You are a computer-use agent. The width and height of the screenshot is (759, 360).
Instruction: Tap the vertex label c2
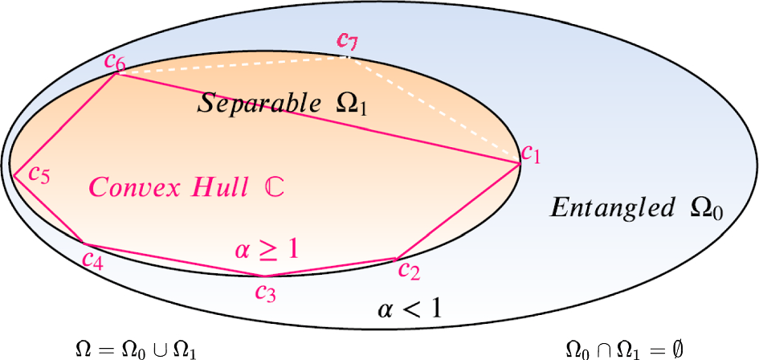tap(409, 271)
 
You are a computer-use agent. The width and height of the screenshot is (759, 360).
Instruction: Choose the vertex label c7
tap(348, 39)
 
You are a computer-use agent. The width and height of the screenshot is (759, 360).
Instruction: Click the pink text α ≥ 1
tap(267, 250)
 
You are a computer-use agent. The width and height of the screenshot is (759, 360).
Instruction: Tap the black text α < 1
tap(410, 309)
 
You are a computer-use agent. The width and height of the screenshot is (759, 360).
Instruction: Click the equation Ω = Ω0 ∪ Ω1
tap(134, 350)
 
